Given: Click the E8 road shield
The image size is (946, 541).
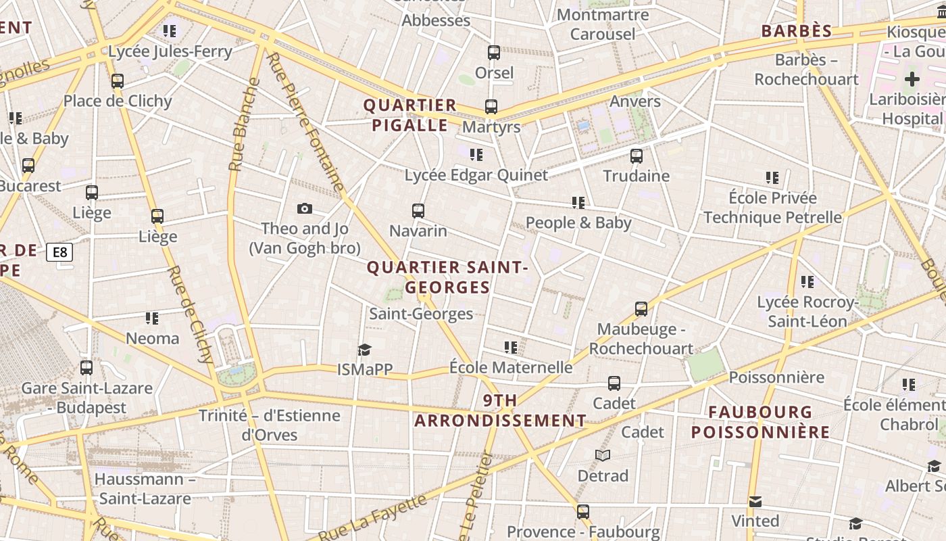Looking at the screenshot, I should tap(59, 252).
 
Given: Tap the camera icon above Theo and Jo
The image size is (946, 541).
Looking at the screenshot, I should tap(305, 209).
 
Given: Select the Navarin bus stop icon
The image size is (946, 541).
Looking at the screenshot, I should tap(418, 211).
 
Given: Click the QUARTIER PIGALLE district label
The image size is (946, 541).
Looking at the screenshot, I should tap(410, 115).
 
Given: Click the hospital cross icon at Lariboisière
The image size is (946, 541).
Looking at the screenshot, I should tap(912, 79).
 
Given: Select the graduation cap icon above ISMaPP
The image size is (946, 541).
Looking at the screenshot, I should tap(365, 350).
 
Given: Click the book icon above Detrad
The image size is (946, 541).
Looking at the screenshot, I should tap(603, 456).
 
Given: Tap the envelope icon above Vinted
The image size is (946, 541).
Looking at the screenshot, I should tap(755, 501).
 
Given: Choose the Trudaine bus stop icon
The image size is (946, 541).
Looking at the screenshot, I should tap(636, 156).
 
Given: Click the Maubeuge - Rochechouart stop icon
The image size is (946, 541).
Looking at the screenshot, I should tap(641, 309).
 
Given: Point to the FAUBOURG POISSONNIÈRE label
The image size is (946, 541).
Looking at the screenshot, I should tap(760, 422).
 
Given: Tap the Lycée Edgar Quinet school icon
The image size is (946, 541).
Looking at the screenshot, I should tap(476, 155).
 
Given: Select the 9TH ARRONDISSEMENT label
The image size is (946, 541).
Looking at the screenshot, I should tap(500, 410).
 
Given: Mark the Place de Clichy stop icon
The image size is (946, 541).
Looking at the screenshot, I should tap(118, 81).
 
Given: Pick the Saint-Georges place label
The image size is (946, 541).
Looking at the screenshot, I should tap(421, 314).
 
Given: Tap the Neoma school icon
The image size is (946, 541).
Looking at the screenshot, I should tap(152, 318).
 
